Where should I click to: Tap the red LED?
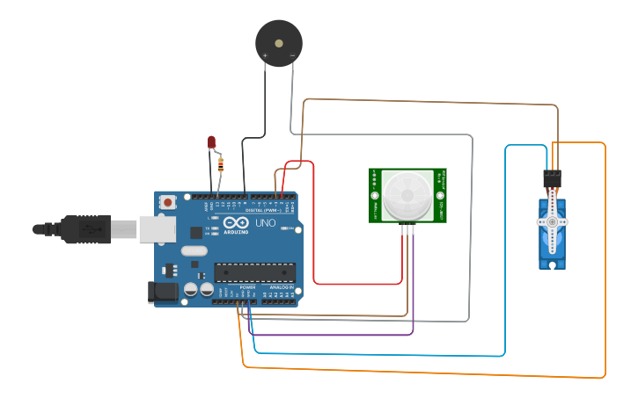point(211,141)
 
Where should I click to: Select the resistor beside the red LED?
point(219,163)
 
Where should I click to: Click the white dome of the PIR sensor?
point(407,195)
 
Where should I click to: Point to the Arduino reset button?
point(167,202)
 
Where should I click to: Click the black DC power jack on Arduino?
point(164,292)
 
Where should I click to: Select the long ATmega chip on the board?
point(254,272)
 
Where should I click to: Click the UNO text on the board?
point(266,223)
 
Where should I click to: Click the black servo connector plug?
point(552,179)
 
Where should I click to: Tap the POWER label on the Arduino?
point(247,287)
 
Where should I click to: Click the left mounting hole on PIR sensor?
point(375,195)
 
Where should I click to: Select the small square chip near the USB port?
point(195,233)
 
